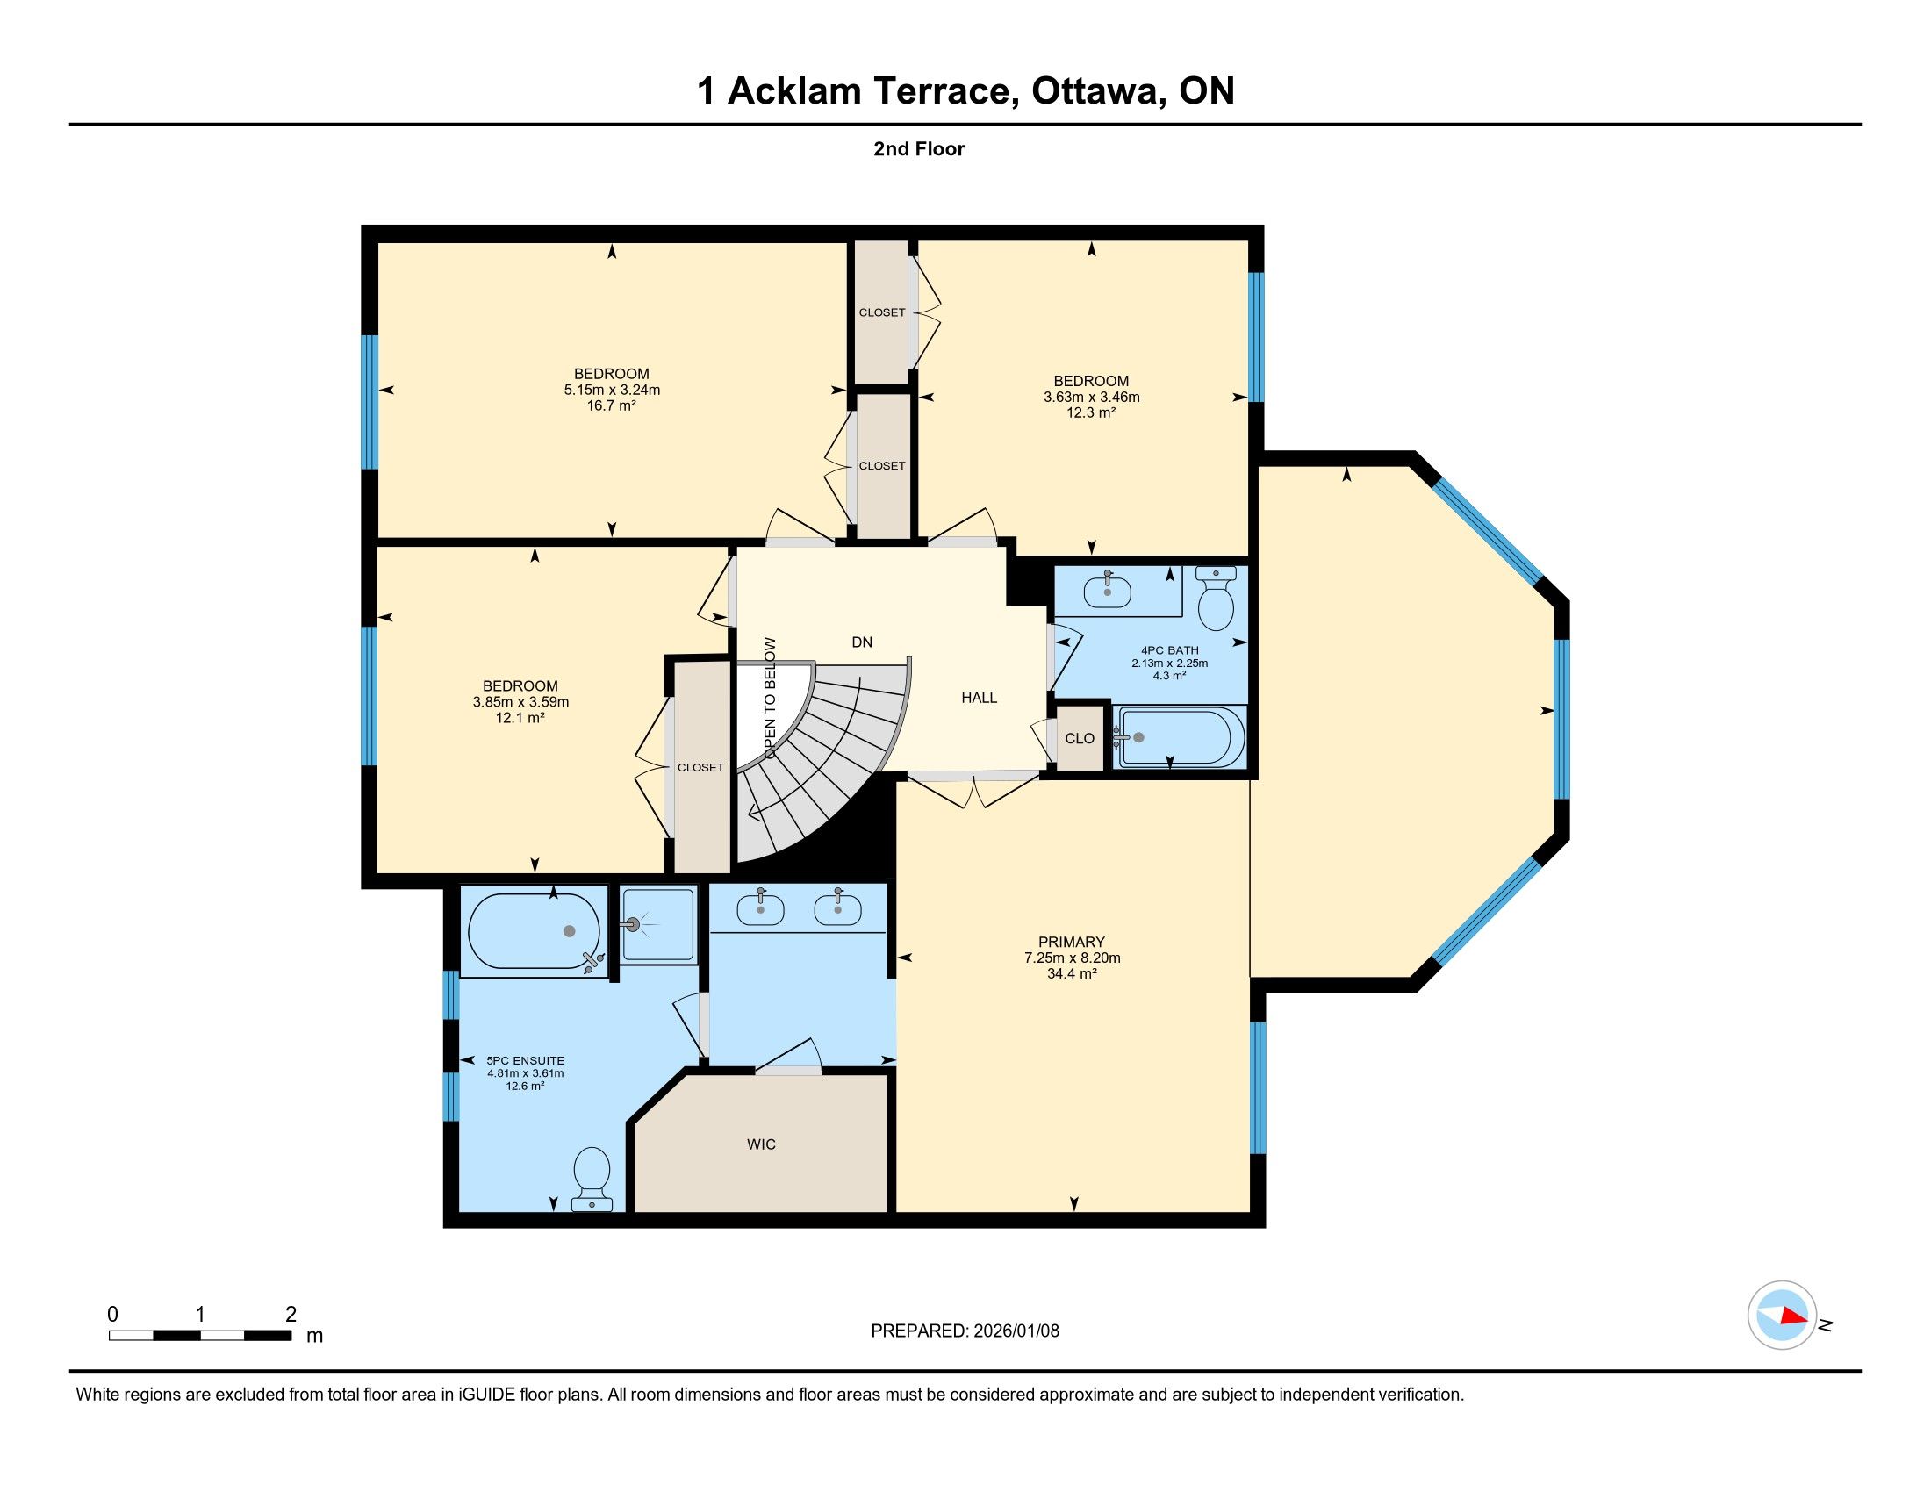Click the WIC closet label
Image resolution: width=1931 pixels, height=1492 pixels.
point(760,1144)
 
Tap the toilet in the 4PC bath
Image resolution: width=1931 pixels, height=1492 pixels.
point(1216,599)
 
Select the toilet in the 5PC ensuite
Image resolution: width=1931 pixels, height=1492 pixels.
point(592,1178)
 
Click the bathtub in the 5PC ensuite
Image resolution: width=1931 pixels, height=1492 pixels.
point(534,932)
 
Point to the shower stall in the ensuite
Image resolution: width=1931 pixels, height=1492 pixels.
point(657,925)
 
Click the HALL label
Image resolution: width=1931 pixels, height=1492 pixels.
point(979,699)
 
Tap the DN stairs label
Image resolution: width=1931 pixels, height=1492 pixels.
point(862,642)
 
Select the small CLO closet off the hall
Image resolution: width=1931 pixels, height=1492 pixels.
point(1080,738)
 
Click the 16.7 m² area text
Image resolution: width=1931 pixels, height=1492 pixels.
point(612,405)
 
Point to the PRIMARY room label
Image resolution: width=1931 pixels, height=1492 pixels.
point(1072,943)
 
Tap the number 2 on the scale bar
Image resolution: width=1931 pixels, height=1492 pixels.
point(290,1315)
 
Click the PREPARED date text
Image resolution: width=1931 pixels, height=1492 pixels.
point(965,1331)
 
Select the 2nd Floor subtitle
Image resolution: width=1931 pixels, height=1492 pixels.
point(919,149)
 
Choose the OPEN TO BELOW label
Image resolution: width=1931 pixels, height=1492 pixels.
point(770,699)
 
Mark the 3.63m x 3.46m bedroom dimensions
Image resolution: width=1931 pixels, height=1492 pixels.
point(1091,398)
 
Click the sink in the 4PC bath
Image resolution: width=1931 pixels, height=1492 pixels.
point(1107,590)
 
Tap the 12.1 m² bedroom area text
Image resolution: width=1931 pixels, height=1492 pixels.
point(520,718)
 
